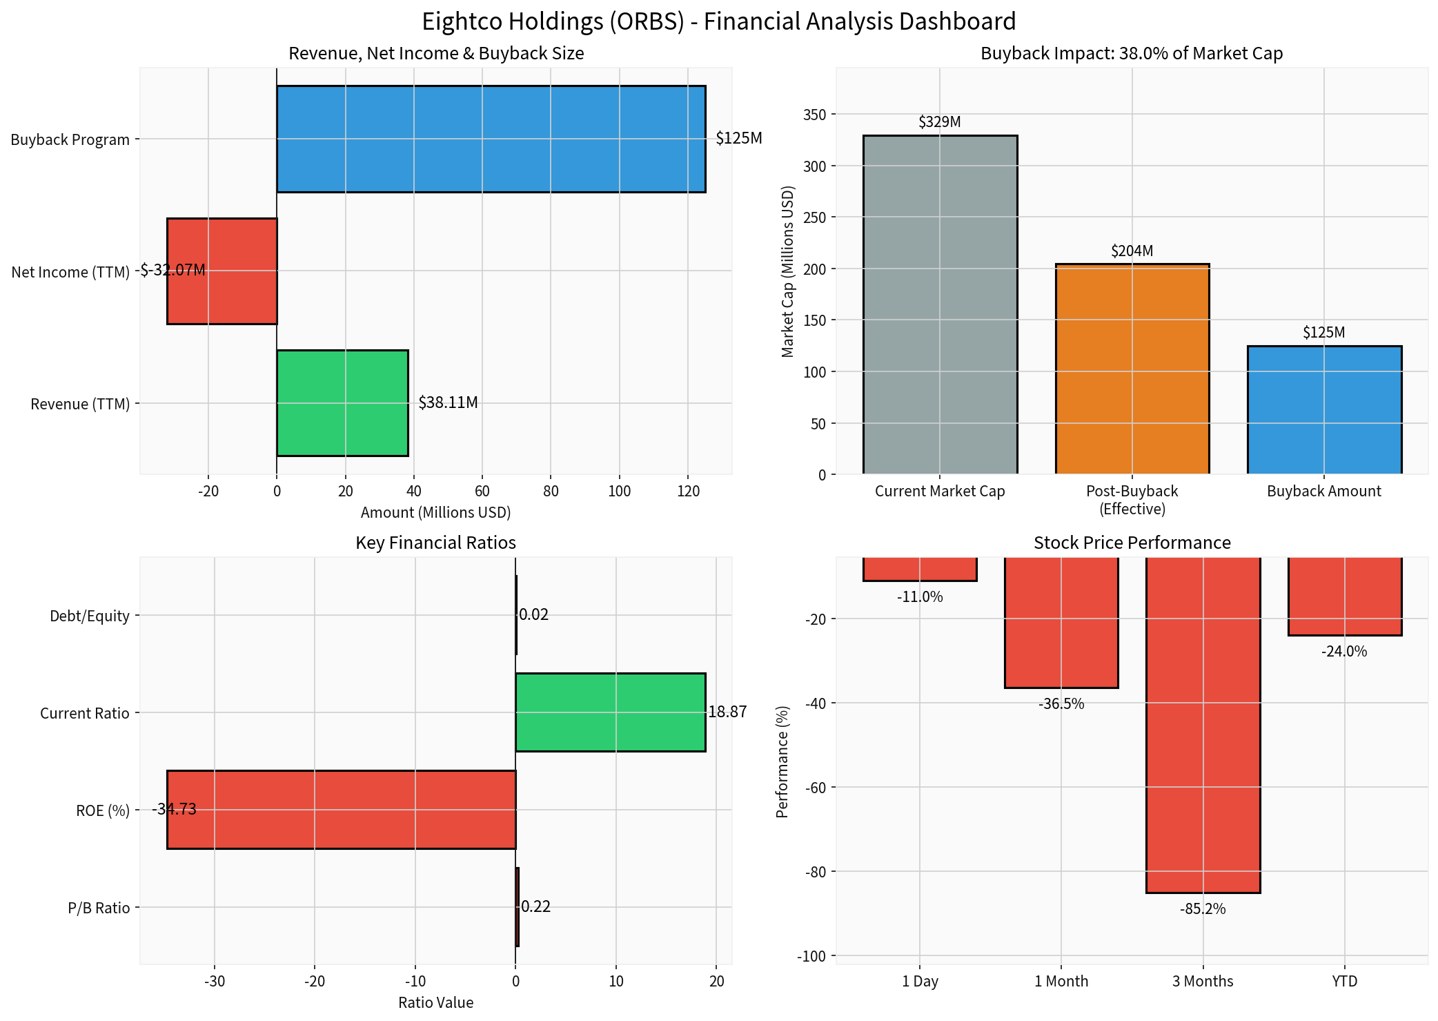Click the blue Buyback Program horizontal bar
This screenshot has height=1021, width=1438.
491,139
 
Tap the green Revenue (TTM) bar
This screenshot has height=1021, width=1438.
342,402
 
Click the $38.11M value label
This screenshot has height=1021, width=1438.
448,402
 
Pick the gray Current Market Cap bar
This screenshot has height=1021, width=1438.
940,304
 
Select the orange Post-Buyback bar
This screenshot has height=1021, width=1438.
1132,369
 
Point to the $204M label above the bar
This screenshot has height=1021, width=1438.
1132,251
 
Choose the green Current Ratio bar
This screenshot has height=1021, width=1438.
610,712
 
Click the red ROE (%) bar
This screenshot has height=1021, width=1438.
341,809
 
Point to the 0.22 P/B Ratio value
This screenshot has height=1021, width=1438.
535,906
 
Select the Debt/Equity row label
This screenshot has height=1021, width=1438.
90,616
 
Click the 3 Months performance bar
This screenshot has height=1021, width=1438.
1203,725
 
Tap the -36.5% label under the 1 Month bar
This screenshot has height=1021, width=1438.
1061,704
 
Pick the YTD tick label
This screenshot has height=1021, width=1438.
1344,981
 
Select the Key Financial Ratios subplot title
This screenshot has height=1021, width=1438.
435,543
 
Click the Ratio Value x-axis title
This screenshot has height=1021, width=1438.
435,1002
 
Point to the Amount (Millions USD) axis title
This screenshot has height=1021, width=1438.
435,512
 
